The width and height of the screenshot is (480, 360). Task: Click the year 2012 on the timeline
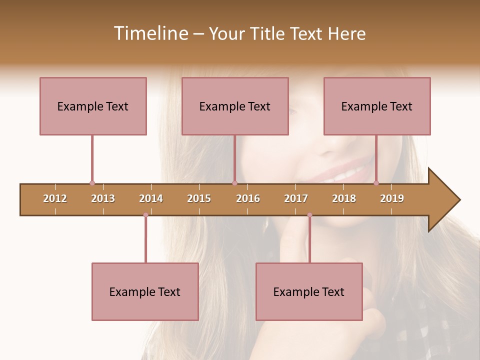[55, 198]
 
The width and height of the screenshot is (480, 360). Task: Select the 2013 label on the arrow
[103, 198]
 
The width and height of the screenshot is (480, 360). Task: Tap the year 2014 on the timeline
[151, 198]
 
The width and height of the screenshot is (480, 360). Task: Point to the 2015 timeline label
[199, 198]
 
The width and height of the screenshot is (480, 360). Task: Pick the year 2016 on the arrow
[248, 198]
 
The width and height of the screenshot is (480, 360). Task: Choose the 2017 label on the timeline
[296, 198]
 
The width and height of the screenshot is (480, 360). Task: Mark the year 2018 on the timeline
[344, 198]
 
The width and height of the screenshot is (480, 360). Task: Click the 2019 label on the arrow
[392, 198]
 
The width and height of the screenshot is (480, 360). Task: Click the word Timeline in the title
[149, 33]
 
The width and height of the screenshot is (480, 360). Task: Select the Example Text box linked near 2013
[93, 106]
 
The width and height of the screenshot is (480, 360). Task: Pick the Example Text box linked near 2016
[235, 106]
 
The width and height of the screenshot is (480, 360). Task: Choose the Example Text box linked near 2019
[377, 106]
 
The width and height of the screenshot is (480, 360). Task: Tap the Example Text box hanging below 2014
[145, 291]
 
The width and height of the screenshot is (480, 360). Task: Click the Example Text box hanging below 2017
[309, 291]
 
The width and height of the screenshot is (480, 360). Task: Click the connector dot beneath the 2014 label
[145, 215]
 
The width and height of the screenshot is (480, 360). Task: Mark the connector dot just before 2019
[376, 183]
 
